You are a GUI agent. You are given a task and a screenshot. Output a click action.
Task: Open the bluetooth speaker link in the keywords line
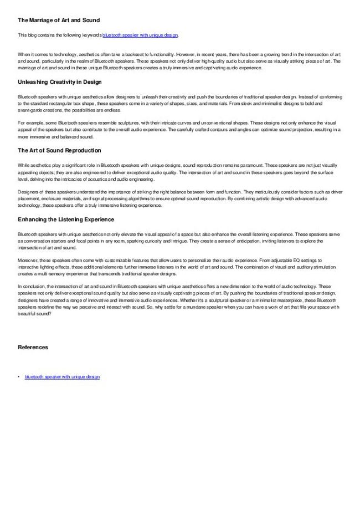140,35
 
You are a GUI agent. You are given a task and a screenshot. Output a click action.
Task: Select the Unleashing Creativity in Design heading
59,82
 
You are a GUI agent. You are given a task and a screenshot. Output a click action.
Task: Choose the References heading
33,348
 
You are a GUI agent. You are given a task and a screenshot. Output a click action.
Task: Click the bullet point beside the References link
19,376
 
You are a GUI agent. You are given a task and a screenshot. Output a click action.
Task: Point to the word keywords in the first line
91,35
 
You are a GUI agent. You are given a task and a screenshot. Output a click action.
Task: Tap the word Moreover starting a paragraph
28,259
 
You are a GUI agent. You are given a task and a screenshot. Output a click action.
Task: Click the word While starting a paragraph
23,165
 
